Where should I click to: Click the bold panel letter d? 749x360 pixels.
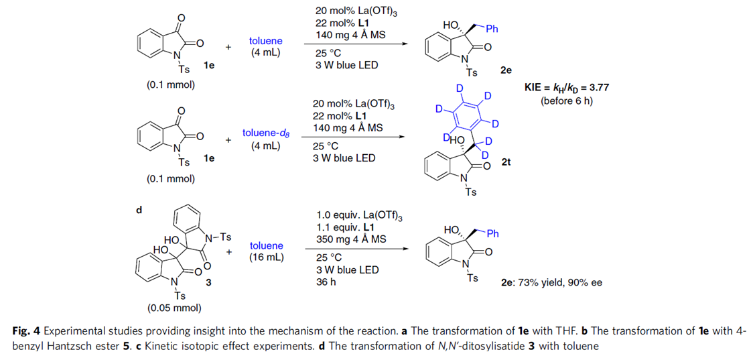point(139,210)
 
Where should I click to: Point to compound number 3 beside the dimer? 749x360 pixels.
point(207,282)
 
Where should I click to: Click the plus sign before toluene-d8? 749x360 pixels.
point(228,140)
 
